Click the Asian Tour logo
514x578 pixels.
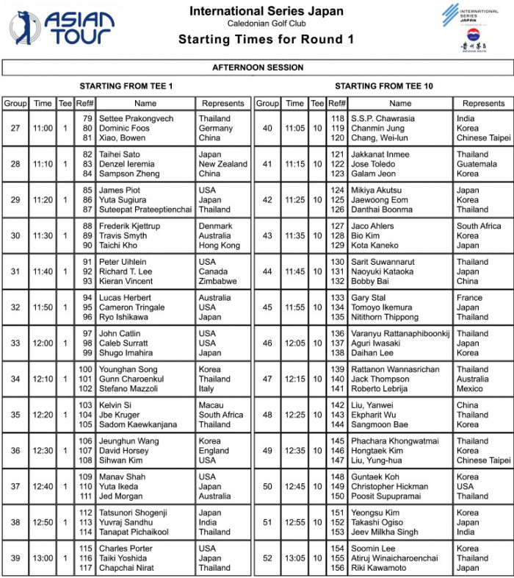62,28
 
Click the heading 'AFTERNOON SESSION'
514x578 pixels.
257,68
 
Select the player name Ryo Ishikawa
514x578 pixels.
123,318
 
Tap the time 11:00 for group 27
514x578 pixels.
43,128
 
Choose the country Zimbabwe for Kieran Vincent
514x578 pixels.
217,282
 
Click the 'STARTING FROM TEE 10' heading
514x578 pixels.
383,86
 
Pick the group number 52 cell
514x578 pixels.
267,558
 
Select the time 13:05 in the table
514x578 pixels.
294,558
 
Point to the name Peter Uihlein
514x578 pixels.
123,262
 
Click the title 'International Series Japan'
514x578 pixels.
267,11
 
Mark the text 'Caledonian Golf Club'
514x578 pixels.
266,24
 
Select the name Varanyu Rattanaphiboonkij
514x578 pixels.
400,334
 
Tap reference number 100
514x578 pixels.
86,369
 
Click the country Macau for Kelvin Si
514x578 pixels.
211,405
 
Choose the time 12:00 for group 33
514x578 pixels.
43,343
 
